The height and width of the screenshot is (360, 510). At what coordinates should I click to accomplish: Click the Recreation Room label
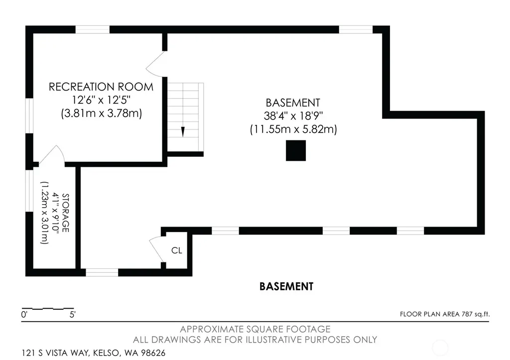101,87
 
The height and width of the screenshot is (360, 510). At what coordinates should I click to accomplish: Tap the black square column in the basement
296,150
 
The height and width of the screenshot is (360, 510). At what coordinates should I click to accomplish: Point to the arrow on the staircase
183,131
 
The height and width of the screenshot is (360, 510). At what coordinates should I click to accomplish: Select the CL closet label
177,250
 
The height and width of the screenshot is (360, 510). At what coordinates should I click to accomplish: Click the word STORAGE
65,213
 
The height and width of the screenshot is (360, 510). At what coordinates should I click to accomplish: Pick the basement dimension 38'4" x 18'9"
293,116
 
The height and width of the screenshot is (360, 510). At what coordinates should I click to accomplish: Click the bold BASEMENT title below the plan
286,286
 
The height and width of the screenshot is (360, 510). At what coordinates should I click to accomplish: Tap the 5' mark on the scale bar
73,315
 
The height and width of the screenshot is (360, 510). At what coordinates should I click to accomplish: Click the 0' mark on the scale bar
24,315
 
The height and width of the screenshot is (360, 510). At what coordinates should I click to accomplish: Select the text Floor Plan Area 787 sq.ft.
445,314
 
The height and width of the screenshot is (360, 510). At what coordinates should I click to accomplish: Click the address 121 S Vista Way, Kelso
94,353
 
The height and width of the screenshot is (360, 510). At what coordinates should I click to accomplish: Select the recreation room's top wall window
92,29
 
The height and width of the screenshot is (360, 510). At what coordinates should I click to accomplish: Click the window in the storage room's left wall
29,191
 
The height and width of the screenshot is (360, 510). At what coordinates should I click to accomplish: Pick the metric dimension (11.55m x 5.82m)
293,129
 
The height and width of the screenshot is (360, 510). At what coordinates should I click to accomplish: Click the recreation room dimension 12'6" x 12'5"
101,100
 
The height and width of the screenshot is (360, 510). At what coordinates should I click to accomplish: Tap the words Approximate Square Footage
255,329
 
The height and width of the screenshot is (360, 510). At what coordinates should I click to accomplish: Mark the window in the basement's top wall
356,29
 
